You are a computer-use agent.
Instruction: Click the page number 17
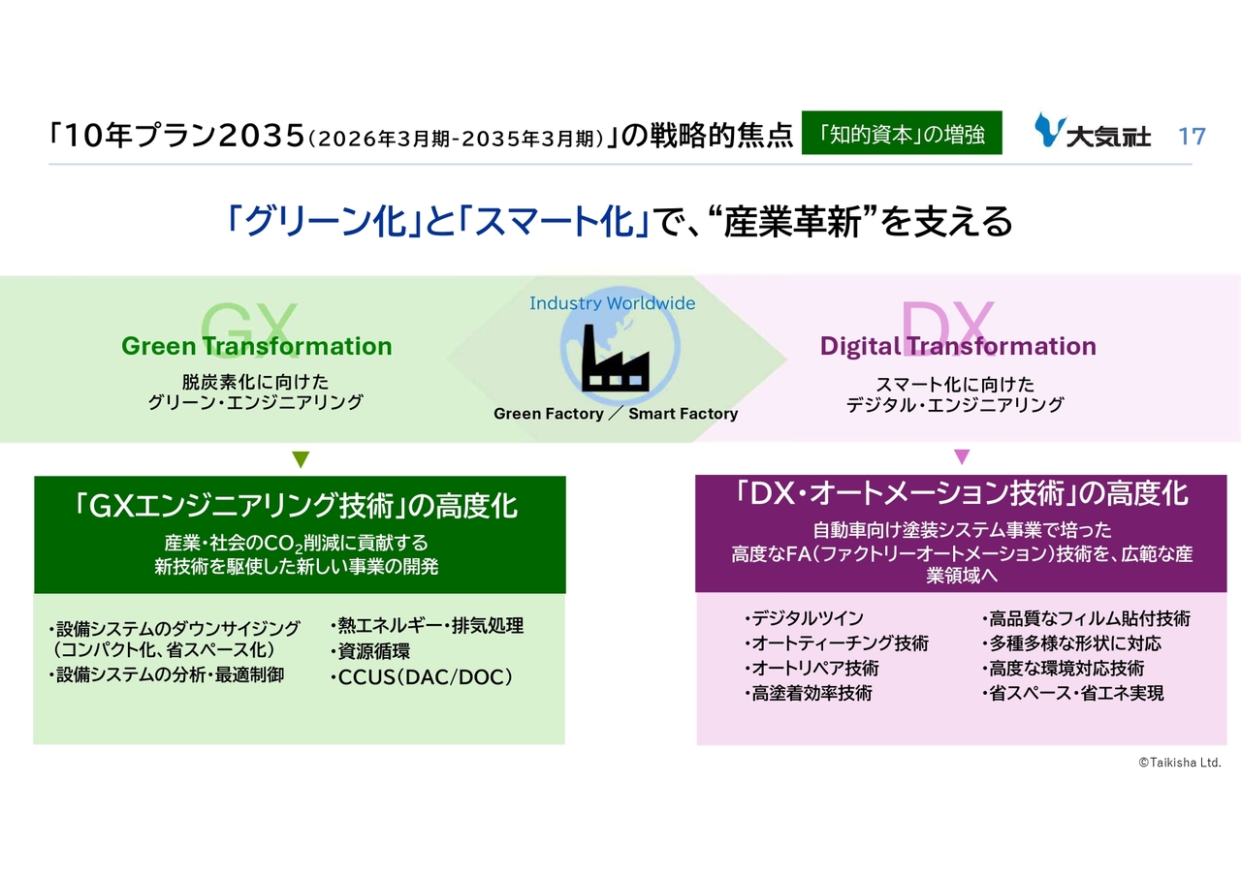coord(1192,137)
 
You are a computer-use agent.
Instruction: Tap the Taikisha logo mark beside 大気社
coord(1049,130)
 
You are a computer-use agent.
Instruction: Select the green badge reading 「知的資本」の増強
coord(902,133)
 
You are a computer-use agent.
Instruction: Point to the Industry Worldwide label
coord(612,303)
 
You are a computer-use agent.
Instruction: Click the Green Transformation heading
coord(257,346)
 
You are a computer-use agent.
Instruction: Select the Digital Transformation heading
coord(958,346)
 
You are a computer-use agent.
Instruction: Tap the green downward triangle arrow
coord(301,459)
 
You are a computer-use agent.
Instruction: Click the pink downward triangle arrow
coord(962,456)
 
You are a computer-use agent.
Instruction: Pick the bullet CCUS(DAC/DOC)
coord(422,676)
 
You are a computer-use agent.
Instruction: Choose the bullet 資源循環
coord(370,651)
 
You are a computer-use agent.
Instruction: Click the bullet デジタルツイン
coord(804,618)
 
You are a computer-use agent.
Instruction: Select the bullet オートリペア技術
coord(811,669)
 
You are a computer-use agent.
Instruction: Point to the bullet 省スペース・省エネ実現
coord(1073,693)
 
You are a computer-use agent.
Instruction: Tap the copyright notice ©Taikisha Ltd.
coord(1180,763)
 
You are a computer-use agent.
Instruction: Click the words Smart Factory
coord(684,414)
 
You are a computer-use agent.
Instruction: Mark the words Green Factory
coord(549,414)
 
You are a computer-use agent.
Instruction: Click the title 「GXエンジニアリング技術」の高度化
coord(297,506)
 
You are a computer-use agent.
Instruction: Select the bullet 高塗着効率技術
coord(809,693)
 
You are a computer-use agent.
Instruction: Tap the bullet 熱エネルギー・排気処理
coord(428,626)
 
